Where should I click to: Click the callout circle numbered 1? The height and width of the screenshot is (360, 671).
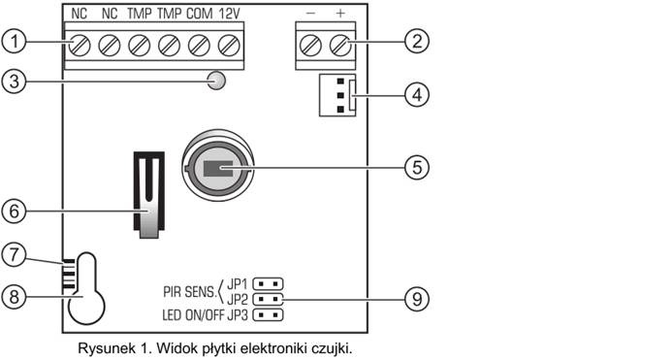point(15,42)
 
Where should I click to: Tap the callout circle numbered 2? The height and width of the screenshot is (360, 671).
point(417,41)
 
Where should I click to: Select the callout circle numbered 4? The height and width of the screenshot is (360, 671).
point(417,94)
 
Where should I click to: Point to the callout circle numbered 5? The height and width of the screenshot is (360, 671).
point(417,167)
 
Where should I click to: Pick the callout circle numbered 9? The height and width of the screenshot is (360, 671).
point(417,299)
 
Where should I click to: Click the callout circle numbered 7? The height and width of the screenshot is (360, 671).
point(15,255)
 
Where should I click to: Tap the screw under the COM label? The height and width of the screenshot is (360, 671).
point(199,46)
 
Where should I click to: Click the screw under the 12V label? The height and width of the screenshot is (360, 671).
point(229,46)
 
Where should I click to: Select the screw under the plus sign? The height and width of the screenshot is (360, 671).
point(340,45)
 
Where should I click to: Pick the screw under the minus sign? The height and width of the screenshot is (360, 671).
point(310,45)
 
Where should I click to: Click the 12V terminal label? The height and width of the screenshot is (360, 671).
point(230,14)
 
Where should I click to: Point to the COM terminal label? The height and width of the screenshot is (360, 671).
point(200,14)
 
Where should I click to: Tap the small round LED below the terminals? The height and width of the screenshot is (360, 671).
point(216,80)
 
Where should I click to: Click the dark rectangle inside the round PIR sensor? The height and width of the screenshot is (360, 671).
point(218,168)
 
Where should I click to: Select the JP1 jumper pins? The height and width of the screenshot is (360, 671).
point(269,283)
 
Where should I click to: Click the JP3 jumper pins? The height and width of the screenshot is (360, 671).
point(269,315)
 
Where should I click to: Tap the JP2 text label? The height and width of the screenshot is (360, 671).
point(238,299)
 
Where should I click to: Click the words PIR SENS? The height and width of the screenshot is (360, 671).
point(190,292)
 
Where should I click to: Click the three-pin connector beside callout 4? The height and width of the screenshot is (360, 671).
point(337,95)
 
